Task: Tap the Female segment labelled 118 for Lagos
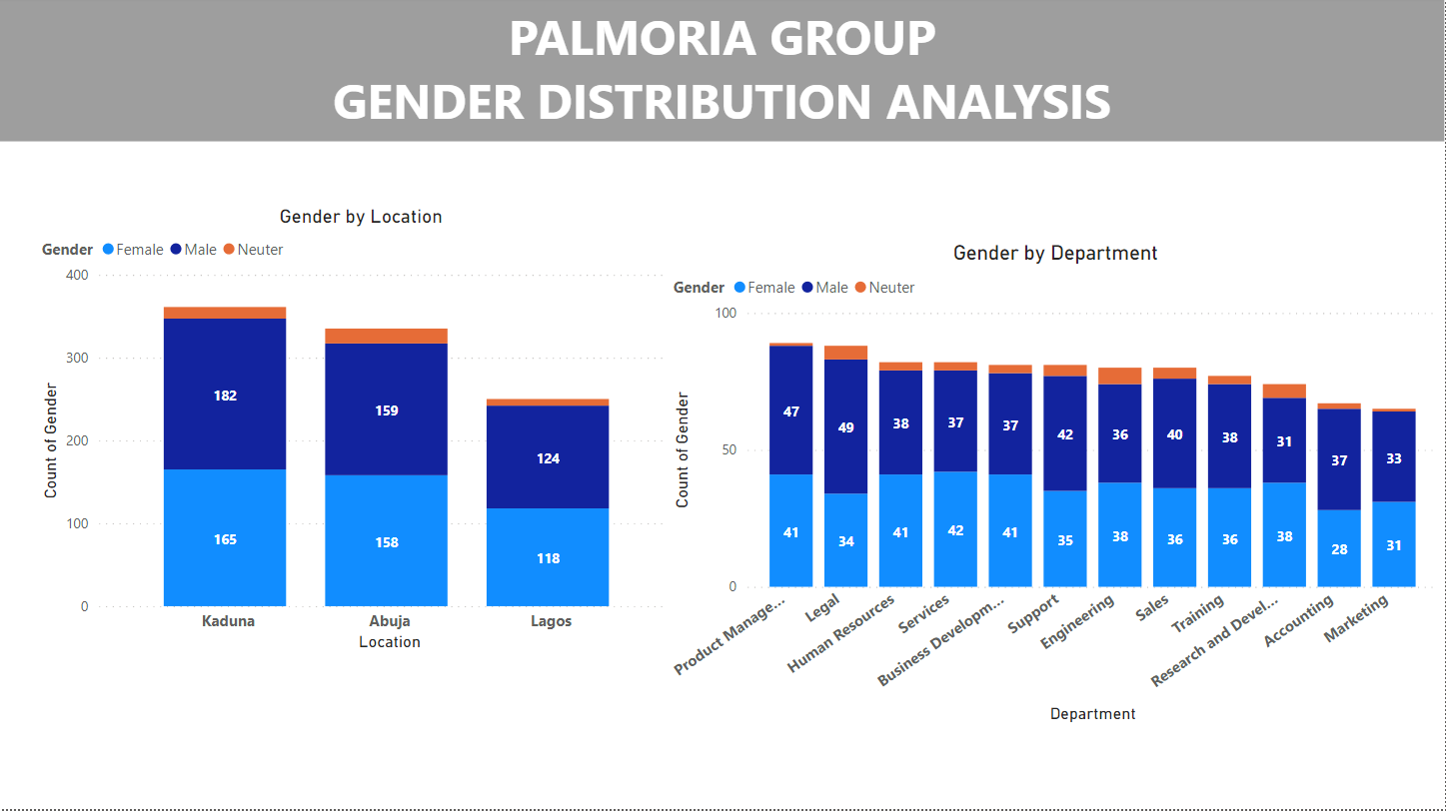point(548,557)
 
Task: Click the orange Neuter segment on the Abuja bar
point(386,336)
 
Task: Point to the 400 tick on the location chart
point(77,275)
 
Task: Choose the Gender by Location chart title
point(360,217)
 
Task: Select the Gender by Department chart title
point(1054,254)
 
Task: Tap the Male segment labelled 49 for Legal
point(845,426)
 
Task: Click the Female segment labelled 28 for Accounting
point(1338,548)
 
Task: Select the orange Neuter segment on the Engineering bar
point(1119,376)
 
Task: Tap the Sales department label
point(1152,610)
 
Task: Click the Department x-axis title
point(1092,714)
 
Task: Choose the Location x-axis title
point(389,642)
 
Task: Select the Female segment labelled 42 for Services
point(955,529)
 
